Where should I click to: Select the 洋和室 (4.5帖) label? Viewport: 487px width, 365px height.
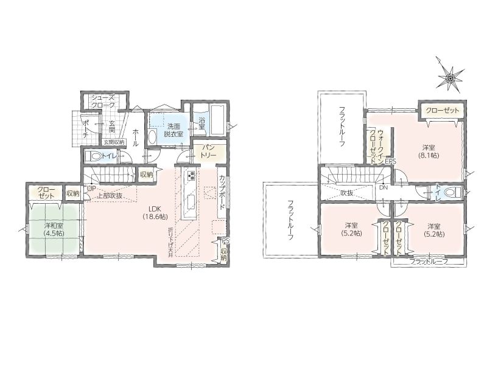point(54,229)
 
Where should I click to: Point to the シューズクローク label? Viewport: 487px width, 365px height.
point(103,102)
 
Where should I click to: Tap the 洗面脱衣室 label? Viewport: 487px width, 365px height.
point(175,130)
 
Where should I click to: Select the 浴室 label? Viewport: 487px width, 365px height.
point(202,123)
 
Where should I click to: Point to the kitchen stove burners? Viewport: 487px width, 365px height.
point(191,175)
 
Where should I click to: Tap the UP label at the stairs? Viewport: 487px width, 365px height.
point(91,189)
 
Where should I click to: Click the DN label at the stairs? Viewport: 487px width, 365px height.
point(384,188)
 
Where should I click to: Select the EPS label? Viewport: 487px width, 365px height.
point(390,162)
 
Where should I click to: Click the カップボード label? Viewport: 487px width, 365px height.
point(223,194)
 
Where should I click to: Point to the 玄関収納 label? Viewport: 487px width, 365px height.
point(114,142)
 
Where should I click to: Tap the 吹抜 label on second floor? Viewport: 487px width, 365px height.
point(347,193)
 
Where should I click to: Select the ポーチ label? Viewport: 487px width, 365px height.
point(86,128)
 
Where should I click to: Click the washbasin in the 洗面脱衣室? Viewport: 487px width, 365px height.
point(152,136)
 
